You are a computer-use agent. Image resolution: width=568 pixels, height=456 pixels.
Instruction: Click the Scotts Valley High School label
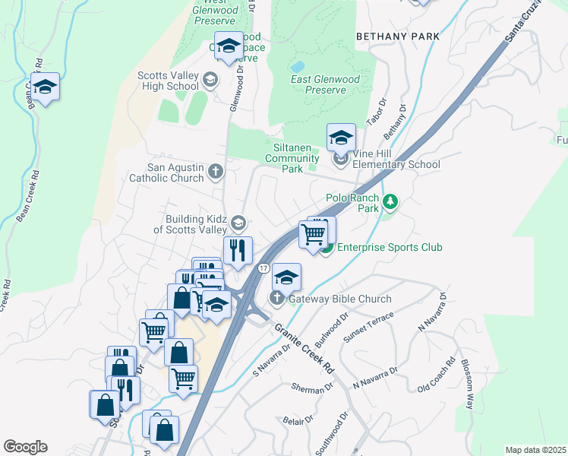168,81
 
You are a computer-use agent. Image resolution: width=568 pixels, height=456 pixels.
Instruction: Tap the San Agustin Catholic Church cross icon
215,171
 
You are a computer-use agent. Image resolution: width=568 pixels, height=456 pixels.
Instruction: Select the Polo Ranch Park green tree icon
390,201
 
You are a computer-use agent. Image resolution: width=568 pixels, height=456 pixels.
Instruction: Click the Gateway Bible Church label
333,299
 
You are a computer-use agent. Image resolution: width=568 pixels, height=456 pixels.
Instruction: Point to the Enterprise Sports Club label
389,247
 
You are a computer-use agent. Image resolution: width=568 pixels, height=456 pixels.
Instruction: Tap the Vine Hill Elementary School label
395,164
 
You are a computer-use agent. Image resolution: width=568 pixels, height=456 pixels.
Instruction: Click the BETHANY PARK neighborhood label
398,36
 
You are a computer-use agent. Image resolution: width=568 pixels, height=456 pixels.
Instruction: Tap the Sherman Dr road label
312,388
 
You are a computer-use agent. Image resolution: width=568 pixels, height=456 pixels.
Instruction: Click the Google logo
25,447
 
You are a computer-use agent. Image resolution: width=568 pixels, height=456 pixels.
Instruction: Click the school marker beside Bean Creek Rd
45,87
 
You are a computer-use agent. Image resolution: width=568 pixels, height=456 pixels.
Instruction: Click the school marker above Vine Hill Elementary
341,138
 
